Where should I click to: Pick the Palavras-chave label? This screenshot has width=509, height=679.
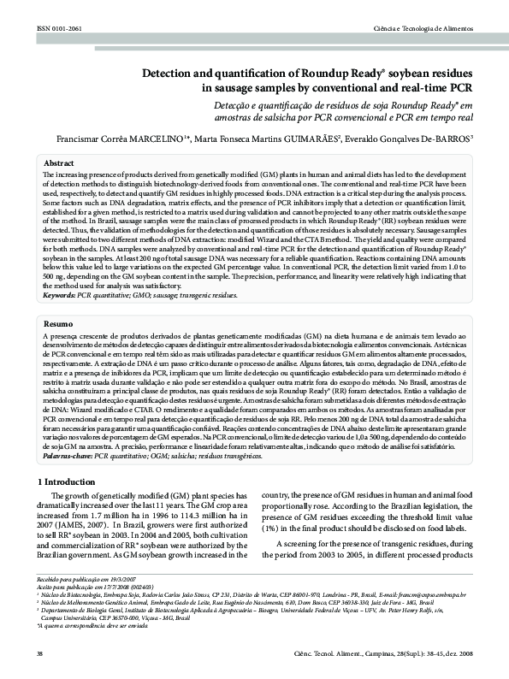(x=68, y=458)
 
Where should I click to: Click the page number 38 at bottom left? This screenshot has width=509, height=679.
(x=40, y=654)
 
